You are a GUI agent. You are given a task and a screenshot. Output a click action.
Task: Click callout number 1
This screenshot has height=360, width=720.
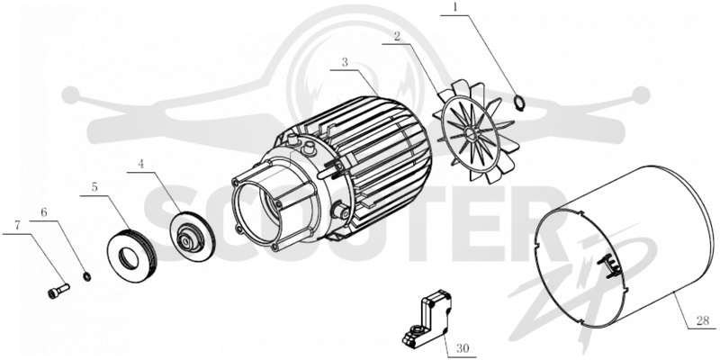point(455,8)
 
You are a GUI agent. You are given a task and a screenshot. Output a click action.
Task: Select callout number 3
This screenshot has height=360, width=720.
point(345,62)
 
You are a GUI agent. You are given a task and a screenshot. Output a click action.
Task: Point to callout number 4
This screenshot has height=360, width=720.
point(141,165)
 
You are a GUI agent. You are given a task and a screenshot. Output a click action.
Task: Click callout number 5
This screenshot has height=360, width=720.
point(94,187)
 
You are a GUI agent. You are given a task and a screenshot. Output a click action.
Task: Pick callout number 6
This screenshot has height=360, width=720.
point(44,212)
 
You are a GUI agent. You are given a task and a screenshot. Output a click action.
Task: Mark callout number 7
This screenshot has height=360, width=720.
point(17,226)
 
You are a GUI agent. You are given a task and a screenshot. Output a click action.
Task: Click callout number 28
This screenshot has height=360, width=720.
point(702,321)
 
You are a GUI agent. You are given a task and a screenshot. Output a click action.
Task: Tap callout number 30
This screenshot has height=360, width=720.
point(462,349)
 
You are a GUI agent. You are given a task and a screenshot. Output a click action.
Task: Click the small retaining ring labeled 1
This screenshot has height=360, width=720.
point(519,103)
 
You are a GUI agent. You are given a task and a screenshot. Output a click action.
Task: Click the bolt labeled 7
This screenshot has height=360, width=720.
point(58,291)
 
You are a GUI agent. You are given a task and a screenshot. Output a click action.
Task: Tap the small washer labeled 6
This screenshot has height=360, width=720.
point(86,276)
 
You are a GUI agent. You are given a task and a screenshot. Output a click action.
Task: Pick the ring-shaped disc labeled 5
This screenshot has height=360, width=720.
point(131,256)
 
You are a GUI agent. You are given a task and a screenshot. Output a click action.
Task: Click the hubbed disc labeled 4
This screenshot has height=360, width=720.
point(193,236)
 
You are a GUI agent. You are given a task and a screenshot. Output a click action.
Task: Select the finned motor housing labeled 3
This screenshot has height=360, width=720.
point(331,171)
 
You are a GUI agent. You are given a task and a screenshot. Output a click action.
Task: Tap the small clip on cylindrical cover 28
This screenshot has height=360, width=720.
point(606,266)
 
